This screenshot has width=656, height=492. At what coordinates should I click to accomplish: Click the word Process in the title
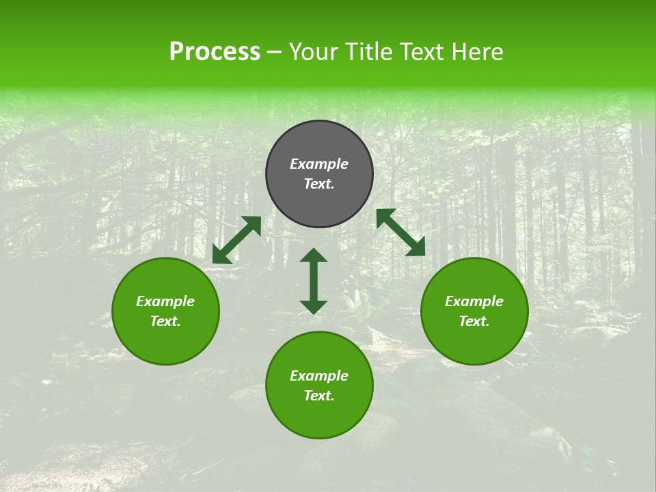pos(215,52)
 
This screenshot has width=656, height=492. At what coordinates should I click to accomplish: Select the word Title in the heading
pos(369,52)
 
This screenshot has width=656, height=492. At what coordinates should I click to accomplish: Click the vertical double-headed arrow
pos(314,281)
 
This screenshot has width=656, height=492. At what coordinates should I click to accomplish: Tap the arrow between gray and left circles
pos(236,240)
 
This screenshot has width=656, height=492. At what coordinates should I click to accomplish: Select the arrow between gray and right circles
pos(400,232)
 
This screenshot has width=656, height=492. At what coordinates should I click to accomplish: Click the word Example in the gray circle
pos(319,164)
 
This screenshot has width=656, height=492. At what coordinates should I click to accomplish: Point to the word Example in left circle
pos(165,301)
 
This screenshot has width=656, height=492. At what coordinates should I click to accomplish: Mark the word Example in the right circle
pos(474,301)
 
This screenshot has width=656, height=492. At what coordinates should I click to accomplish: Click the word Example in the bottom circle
pos(319,376)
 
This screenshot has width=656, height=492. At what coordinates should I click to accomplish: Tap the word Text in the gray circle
pos(319,184)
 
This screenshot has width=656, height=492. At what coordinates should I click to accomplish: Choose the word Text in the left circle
pos(165,321)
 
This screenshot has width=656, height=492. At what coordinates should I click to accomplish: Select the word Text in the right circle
pos(474,321)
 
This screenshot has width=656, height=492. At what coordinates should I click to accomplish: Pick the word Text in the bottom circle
pos(319,396)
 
